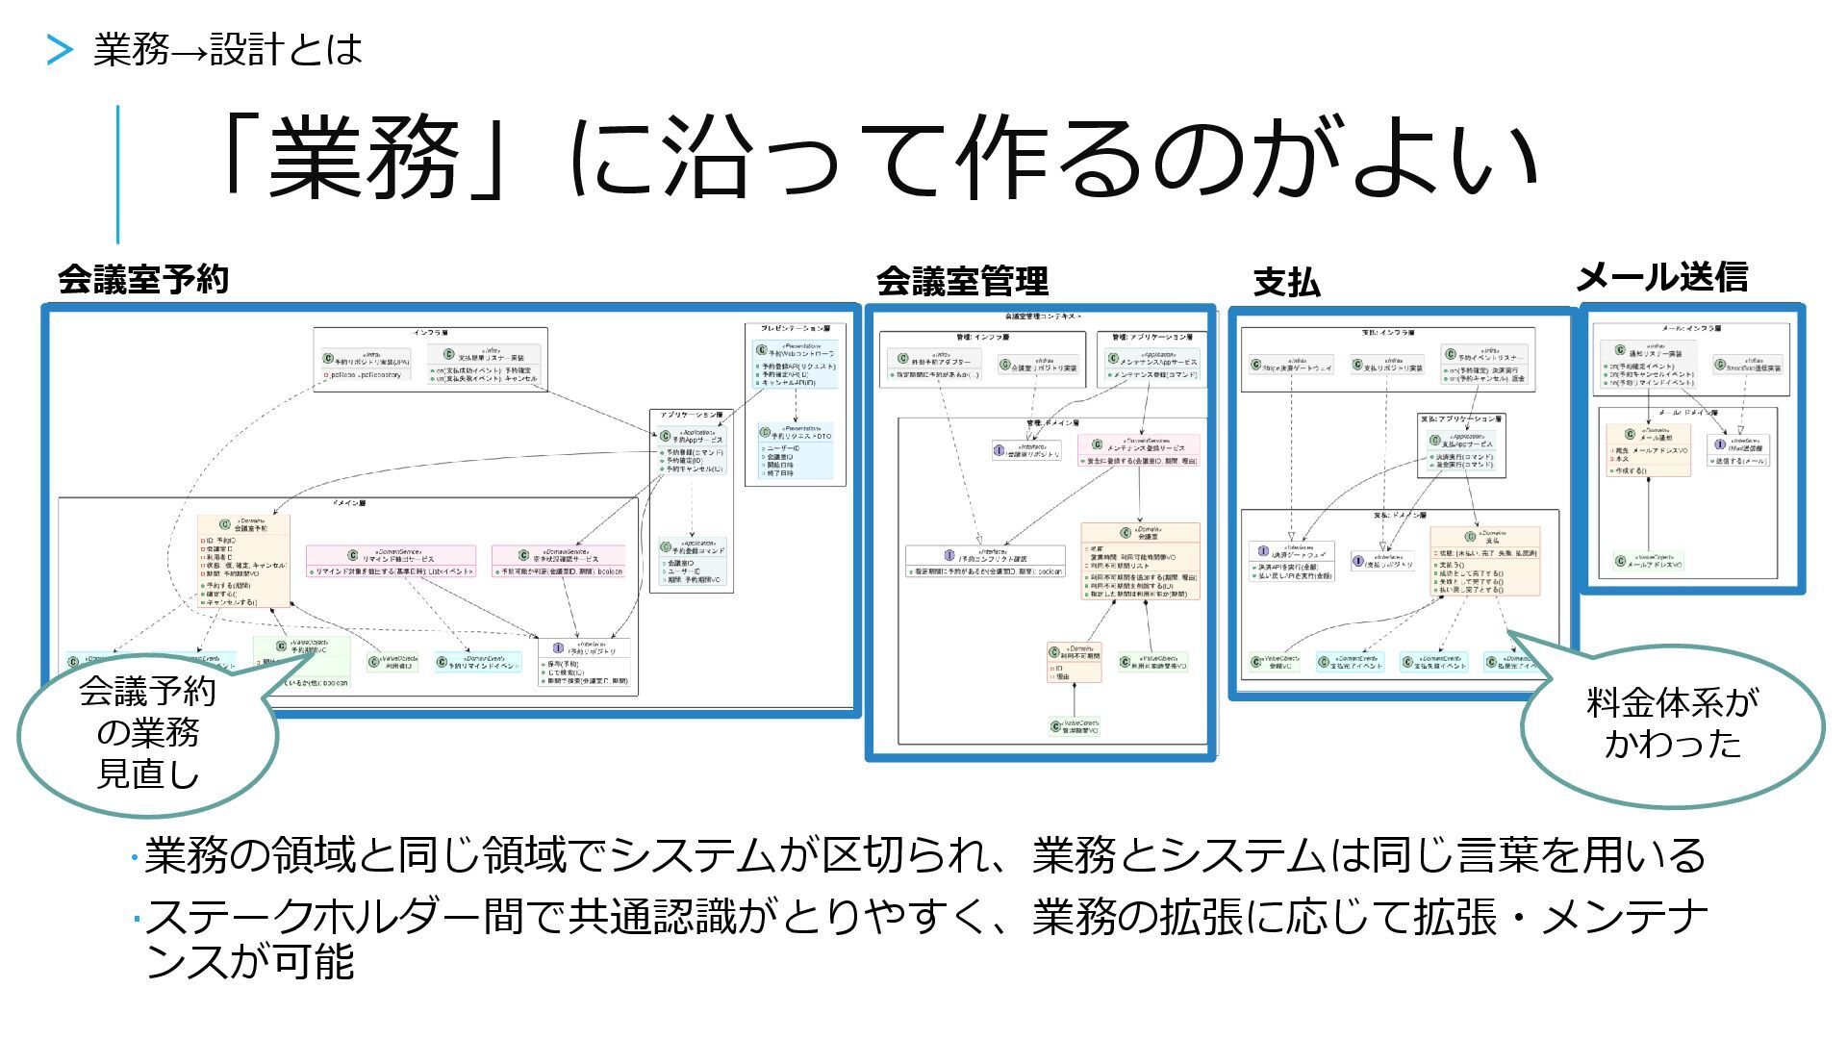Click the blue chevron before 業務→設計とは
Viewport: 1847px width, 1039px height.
(x=60, y=50)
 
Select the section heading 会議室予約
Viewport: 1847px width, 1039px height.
(x=143, y=280)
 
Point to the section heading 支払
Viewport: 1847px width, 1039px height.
(x=1286, y=283)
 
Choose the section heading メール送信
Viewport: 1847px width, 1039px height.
(x=1661, y=278)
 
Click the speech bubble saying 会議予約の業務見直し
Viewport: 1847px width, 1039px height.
(x=147, y=733)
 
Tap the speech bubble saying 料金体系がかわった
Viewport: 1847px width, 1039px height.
(x=1672, y=723)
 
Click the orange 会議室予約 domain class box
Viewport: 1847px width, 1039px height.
(x=243, y=561)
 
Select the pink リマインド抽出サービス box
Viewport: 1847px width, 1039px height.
(x=391, y=561)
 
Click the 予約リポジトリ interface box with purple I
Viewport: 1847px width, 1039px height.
(x=584, y=662)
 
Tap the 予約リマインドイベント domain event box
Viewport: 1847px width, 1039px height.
(x=478, y=663)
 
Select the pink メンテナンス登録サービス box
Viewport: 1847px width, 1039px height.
(x=1139, y=451)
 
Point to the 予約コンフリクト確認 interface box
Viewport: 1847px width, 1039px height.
(x=985, y=562)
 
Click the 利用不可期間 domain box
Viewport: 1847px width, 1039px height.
(x=1074, y=663)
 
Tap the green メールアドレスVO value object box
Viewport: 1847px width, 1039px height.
(x=1648, y=562)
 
